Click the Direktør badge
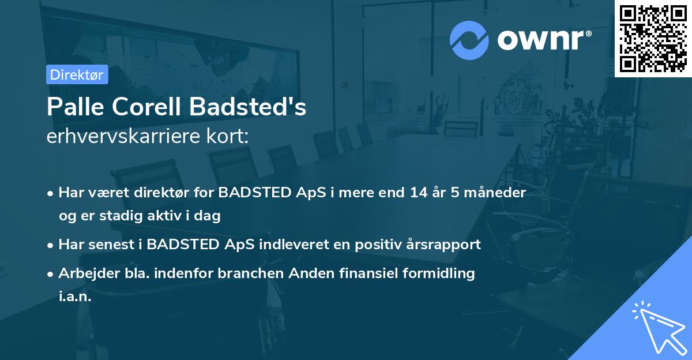77,74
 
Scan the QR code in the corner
653,39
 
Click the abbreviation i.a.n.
75,297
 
